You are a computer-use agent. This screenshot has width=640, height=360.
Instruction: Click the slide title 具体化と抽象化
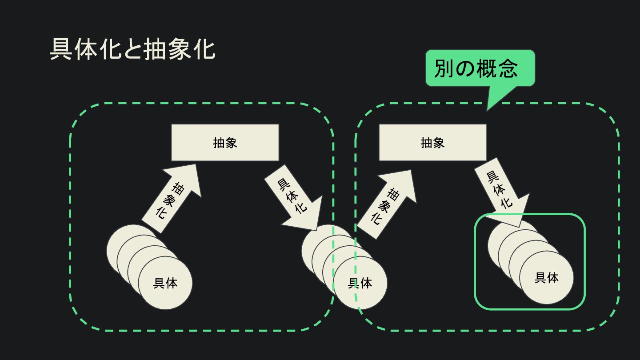132,49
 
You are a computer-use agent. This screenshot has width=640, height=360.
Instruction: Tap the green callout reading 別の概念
480,68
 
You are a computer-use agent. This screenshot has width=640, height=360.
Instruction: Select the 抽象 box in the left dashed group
225,142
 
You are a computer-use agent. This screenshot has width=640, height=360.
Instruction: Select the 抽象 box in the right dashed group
432,142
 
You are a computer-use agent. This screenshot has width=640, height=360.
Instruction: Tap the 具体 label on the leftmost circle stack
165,283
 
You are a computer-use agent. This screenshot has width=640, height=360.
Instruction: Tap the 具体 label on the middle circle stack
360,283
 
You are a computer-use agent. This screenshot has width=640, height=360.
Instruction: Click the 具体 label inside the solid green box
547,278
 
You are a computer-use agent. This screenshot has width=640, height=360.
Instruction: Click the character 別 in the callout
444,68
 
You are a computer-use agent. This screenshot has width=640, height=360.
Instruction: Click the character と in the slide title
132,49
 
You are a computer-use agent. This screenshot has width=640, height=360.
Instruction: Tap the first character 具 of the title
61,49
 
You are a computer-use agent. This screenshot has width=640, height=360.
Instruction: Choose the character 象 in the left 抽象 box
231,142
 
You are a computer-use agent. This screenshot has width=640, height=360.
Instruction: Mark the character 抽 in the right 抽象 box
427,142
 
